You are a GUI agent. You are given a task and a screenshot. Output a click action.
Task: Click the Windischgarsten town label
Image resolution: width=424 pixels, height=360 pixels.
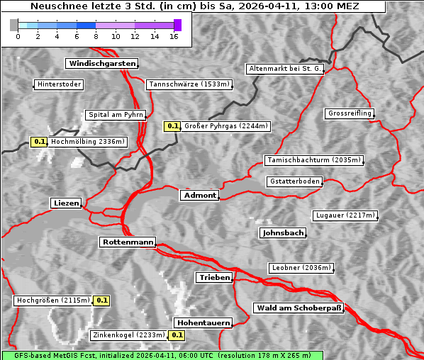click(101, 64)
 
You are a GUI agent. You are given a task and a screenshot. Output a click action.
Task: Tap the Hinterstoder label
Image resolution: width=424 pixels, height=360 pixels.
click(60, 85)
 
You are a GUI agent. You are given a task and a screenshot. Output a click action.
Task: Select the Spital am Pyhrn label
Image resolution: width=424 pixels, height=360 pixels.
click(115, 115)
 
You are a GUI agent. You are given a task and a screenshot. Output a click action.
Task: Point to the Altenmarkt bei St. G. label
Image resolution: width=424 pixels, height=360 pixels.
click(286, 69)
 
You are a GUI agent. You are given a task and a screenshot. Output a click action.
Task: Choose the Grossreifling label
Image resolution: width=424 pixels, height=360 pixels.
click(350, 113)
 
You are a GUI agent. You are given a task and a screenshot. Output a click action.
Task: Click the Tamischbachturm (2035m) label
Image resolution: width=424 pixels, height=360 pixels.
click(313, 160)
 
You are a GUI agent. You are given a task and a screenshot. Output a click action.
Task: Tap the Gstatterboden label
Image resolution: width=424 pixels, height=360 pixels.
click(294, 181)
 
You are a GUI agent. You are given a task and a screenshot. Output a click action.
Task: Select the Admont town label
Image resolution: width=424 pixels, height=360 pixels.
click(200, 195)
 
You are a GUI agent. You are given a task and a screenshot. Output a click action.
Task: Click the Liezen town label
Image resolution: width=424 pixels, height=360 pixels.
click(67, 203)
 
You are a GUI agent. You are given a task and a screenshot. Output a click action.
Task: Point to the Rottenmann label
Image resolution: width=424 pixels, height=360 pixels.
click(128, 242)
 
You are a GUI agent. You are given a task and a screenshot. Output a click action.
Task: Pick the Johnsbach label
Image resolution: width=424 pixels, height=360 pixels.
click(283, 232)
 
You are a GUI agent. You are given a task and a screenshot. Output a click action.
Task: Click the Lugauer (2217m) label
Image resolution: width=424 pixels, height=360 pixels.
click(345, 215)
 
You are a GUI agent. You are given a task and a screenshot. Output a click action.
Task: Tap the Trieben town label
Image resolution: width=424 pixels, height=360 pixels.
click(214, 277)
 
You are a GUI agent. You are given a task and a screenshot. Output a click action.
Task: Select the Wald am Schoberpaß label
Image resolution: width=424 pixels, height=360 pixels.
click(299, 308)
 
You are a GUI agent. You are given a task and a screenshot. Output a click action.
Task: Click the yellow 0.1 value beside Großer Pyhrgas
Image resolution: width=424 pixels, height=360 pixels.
click(173, 126)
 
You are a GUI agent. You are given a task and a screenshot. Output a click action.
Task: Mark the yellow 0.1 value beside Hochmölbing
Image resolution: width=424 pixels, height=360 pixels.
click(39, 142)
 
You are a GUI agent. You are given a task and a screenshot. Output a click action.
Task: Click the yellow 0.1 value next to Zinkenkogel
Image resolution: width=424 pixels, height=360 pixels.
click(177, 335)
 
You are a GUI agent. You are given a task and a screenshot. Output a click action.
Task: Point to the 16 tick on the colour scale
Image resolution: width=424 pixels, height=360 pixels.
click(174, 35)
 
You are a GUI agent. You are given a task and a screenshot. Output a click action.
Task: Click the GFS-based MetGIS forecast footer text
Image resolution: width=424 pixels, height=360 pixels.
click(162, 355)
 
